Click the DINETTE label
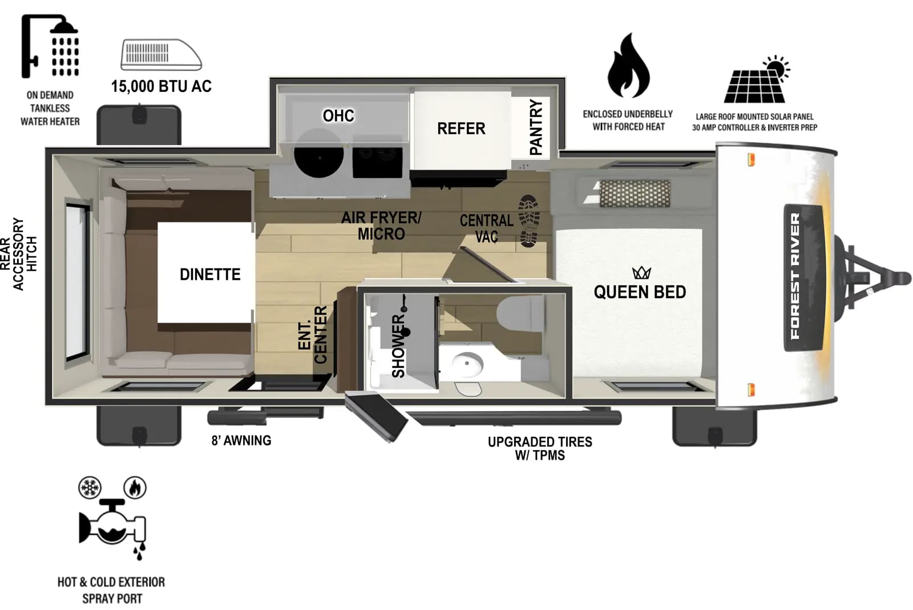[x=210, y=275]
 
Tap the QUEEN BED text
[x=640, y=292]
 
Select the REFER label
[x=461, y=129]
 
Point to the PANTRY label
[x=536, y=127]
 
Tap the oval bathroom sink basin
[x=468, y=363]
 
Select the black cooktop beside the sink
[x=377, y=161]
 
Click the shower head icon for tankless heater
[x=51, y=46]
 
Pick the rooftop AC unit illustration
[x=161, y=55]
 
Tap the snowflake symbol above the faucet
[x=90, y=488]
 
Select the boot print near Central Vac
[x=529, y=221]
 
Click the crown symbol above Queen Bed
[x=641, y=272]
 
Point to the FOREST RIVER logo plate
[x=805, y=277]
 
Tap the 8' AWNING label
[x=241, y=440]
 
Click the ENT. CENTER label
[x=313, y=335]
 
